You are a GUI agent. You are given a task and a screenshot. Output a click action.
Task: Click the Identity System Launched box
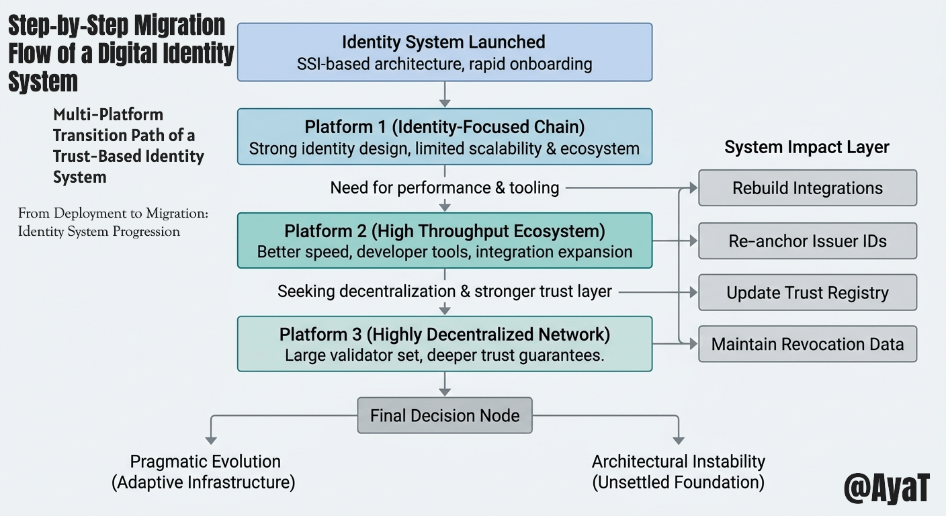coord(444,52)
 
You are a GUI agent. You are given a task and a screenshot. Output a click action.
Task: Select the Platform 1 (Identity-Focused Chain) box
coord(444,137)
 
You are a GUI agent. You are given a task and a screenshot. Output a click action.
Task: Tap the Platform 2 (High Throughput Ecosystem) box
coord(444,241)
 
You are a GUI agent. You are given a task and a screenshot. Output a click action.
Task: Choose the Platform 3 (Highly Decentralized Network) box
coord(444,344)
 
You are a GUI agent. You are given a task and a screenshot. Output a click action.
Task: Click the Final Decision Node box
coord(444,415)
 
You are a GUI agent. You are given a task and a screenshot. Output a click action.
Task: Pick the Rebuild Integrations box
coord(807,188)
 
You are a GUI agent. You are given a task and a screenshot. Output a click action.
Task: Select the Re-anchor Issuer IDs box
coord(807,241)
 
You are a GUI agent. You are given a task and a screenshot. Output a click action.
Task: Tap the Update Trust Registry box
coord(807,293)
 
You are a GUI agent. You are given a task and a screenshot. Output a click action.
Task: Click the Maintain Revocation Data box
coord(807,345)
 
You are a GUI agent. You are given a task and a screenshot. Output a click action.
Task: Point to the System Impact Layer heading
coord(806,147)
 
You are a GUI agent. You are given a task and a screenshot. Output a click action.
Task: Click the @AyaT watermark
coord(886,488)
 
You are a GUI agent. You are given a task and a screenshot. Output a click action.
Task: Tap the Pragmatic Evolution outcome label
coord(205,472)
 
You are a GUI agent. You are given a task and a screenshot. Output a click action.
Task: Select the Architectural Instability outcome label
coord(678,472)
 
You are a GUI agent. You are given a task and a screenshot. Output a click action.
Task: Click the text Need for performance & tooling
coord(444,187)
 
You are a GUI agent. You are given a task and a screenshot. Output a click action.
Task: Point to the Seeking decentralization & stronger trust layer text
coord(444,291)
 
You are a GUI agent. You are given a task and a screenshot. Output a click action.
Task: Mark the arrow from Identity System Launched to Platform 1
coord(444,94)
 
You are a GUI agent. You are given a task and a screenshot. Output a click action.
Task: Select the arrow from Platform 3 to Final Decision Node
coord(444,384)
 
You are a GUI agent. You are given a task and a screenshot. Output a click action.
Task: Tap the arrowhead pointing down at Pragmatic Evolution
coord(211,439)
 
